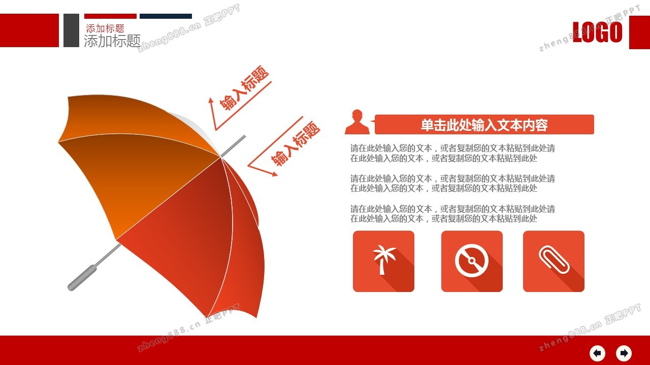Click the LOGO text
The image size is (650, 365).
click(x=598, y=32)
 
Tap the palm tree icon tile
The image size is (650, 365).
click(x=383, y=261)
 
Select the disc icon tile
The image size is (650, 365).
click(x=472, y=261)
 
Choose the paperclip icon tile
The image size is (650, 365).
click(x=554, y=261)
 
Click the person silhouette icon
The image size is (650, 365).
click(x=357, y=122)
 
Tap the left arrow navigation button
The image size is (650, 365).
click(x=597, y=353)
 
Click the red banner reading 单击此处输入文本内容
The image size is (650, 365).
click(x=484, y=125)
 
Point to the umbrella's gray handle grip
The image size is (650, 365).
click(x=82, y=277)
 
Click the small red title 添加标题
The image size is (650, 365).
click(x=105, y=28)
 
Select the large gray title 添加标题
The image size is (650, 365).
click(x=112, y=41)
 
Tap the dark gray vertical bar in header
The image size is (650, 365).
click(x=71, y=30)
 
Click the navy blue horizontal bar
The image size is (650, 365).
click(x=166, y=16)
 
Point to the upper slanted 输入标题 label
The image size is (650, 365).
click(x=244, y=88)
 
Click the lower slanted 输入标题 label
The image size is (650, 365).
click(x=296, y=143)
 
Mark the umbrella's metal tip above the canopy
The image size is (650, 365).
click(x=233, y=146)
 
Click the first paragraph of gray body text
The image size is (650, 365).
click(x=452, y=153)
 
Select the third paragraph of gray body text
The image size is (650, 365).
click(x=452, y=214)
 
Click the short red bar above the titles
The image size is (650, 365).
click(x=110, y=16)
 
